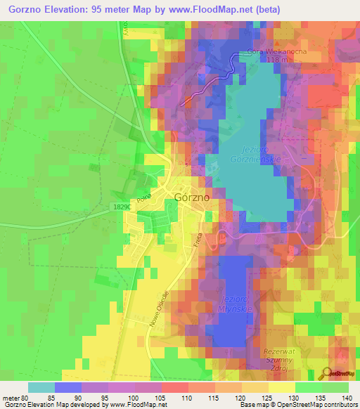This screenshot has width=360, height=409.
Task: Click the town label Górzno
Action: click(191, 198)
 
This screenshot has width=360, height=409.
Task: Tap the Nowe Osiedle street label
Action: click(158, 309)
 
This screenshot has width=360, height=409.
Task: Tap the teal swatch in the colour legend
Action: click(41, 387)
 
